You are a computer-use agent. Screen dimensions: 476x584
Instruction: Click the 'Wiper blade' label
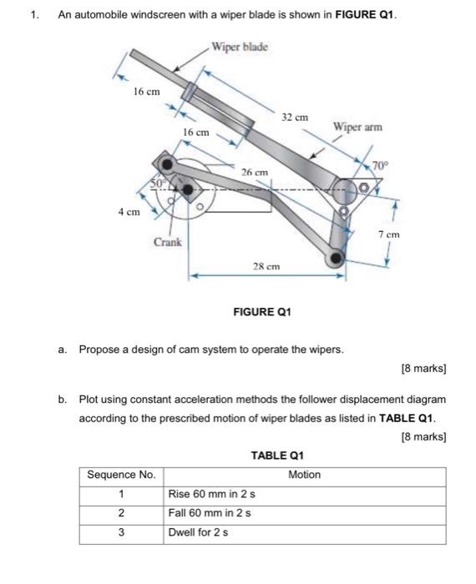point(240,48)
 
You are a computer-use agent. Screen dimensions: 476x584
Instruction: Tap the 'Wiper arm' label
point(357,127)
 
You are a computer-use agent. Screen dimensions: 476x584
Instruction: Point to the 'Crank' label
point(167,242)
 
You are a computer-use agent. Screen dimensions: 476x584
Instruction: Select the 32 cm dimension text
point(295,118)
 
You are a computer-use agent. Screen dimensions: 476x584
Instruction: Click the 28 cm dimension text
point(266,266)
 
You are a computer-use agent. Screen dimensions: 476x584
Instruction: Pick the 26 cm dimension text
point(254,173)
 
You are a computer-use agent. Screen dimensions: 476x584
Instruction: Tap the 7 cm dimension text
point(389,234)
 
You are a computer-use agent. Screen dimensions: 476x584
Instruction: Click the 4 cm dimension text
point(129,212)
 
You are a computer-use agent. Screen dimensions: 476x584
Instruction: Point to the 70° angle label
point(380,165)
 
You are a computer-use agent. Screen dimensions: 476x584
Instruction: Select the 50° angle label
point(158,184)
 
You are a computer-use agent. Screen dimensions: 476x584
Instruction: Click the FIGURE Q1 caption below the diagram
point(262,312)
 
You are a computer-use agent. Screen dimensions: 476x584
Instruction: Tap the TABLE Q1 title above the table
point(277,456)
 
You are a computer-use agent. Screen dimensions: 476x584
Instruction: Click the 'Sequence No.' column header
point(121,475)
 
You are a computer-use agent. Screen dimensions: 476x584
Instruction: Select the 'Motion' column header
point(305,475)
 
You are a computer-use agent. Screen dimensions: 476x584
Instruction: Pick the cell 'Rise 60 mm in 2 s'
point(212,494)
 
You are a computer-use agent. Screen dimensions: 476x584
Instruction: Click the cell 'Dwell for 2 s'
point(198,532)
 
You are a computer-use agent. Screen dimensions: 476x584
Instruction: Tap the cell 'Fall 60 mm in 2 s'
point(210,513)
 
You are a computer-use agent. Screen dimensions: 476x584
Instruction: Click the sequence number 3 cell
point(121,532)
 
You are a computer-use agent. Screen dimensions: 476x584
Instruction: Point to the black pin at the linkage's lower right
point(337,257)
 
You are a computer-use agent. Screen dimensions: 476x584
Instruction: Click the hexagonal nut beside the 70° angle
point(363,188)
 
